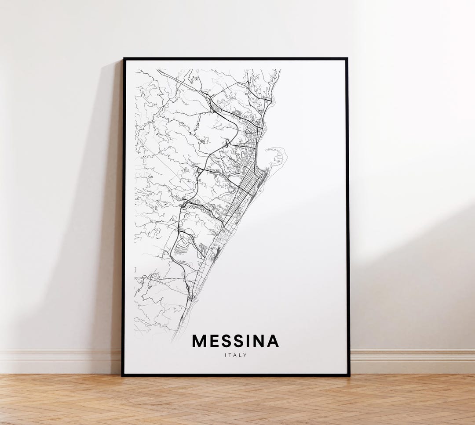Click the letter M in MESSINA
pyautogui.click(x=199, y=341)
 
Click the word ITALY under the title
pyautogui.click(x=235, y=355)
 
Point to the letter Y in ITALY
pyautogui.click(x=245, y=355)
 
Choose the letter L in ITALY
pyautogui.click(x=240, y=355)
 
